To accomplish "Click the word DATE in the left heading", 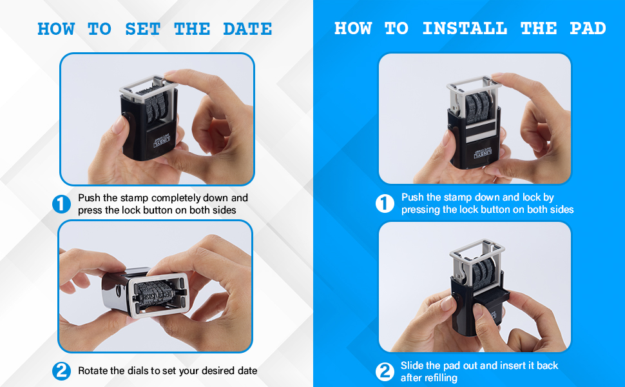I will pyautogui.click(x=247, y=29).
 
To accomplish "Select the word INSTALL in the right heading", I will pyautogui.click(x=464, y=28).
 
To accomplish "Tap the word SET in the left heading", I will pyautogui.click(x=142, y=29).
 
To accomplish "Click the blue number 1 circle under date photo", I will pyautogui.click(x=61, y=204).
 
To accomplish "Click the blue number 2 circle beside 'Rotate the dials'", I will pyautogui.click(x=61, y=371).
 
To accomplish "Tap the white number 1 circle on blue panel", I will pyautogui.click(x=385, y=204).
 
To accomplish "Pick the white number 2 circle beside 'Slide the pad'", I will pyautogui.click(x=385, y=372).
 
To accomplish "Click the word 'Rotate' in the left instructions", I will pyautogui.click(x=93, y=371).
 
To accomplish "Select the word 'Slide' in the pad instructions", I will pyautogui.click(x=412, y=366).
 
